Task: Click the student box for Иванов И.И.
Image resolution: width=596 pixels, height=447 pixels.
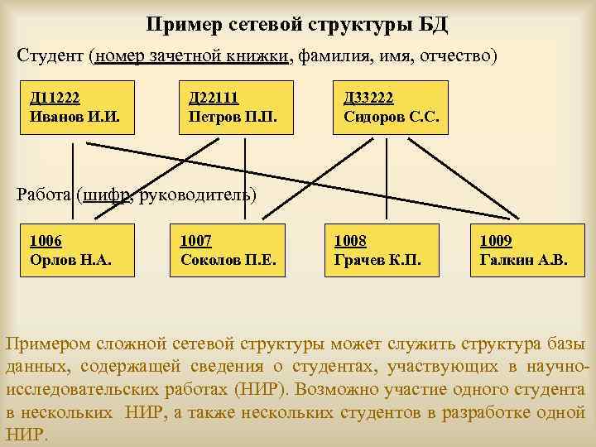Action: click(77, 108)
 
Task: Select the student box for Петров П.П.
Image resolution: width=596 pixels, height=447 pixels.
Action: click(231, 108)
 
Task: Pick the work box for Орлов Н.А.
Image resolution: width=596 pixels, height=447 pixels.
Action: click(74, 251)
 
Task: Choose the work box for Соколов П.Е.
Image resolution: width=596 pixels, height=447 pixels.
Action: click(228, 251)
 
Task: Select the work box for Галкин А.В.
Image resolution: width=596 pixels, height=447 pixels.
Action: click(524, 251)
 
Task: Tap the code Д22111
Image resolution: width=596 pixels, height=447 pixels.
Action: click(214, 98)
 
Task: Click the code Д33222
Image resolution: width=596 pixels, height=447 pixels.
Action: click(368, 98)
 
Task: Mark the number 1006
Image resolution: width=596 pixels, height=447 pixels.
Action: click(46, 241)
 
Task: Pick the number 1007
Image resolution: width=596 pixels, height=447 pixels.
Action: click(196, 241)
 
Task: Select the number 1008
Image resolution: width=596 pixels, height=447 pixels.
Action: click(350, 241)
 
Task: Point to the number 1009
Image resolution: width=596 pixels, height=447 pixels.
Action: click(496, 241)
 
